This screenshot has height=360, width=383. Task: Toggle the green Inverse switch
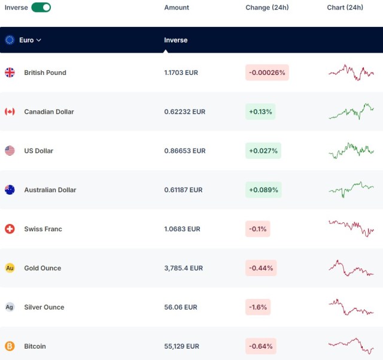click(x=41, y=7)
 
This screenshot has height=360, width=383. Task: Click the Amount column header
click(x=177, y=8)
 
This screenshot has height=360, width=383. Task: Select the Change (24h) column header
click(x=267, y=8)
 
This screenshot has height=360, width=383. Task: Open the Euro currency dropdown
click(x=30, y=40)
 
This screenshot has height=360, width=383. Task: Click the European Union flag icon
click(x=10, y=40)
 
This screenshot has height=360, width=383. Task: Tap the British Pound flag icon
click(x=10, y=72)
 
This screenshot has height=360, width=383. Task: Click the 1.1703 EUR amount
click(x=181, y=72)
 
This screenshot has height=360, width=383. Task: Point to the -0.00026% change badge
click(x=267, y=72)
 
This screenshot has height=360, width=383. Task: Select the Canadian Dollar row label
click(x=49, y=112)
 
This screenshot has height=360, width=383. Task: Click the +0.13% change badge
click(x=260, y=111)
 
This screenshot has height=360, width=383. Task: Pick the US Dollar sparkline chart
click(x=351, y=151)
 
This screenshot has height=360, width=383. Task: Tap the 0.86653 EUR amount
click(x=185, y=151)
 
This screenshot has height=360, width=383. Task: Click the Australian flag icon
click(x=10, y=190)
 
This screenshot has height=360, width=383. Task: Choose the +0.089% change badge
click(x=263, y=190)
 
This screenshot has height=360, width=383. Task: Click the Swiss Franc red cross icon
click(x=10, y=229)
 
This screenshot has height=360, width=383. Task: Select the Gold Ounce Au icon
click(x=10, y=268)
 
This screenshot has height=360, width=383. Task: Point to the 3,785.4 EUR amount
click(x=184, y=268)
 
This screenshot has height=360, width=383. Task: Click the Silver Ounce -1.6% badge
click(x=258, y=307)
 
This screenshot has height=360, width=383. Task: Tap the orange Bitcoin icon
click(x=10, y=346)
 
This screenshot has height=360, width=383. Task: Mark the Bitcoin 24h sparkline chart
click(x=351, y=346)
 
